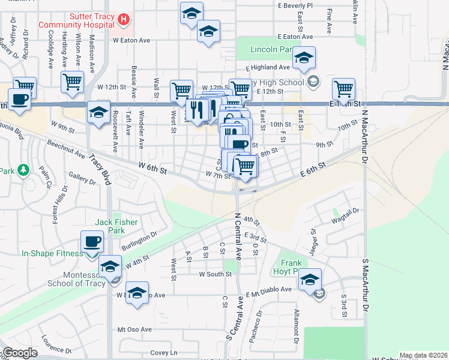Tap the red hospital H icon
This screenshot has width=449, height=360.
(x=124, y=19)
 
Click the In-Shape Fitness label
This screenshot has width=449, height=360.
(x=52, y=253)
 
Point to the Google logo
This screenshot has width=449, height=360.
(x=20, y=353)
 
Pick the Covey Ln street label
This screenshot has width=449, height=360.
(x=164, y=352)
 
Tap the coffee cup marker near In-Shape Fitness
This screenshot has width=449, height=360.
(x=92, y=241)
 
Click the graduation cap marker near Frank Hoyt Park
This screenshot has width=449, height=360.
(x=310, y=279)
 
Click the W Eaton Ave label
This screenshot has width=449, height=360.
(x=131, y=41)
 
